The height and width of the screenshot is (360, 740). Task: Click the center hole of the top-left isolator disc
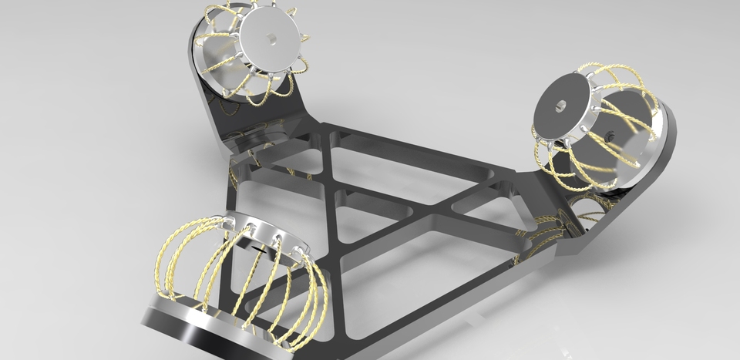271,37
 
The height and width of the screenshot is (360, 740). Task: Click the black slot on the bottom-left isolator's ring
261,249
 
